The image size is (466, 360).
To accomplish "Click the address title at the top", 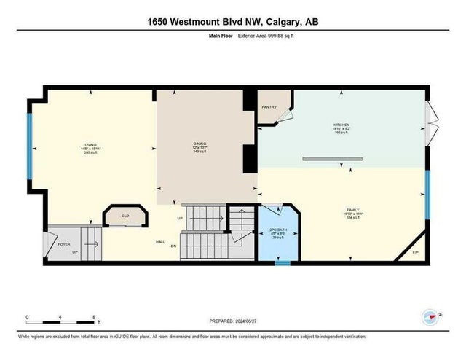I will pyautogui.click(x=233, y=22).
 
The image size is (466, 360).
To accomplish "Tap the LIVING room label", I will pyautogui.click(x=90, y=145).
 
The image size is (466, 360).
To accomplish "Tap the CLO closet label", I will pyautogui.click(x=125, y=216).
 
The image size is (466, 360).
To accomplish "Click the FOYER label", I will pyautogui.click(x=64, y=244).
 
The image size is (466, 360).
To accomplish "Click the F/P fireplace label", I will pyautogui.click(x=415, y=252).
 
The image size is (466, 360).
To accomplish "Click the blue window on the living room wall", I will pyautogui.click(x=29, y=145).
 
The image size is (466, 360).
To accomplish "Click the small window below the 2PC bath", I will pyautogui.click(x=283, y=262).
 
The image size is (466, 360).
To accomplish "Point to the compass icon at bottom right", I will pyautogui.click(x=430, y=317).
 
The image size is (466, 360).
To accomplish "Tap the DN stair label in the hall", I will pyautogui.click(x=173, y=246).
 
